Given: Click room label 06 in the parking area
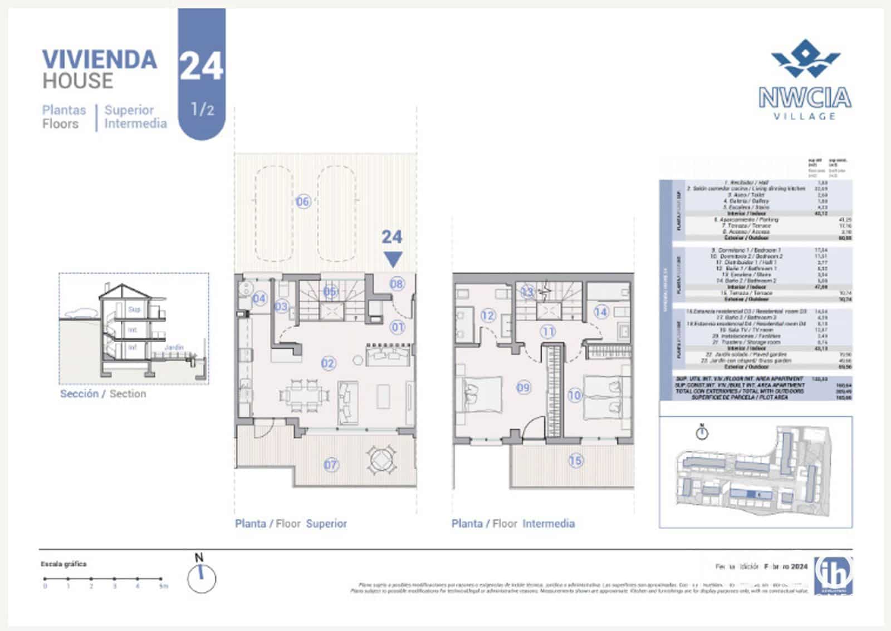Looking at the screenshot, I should (302, 201).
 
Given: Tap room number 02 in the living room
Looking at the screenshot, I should (328, 363).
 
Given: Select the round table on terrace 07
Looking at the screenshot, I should (381, 460).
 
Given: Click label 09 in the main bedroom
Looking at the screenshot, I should (523, 387).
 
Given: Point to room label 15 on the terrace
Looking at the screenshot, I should (575, 460).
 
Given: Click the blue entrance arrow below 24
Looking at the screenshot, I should (393, 259).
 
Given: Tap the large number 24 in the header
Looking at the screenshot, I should (201, 67).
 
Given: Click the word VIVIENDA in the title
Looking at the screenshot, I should (100, 60).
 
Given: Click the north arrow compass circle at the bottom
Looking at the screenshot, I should (201, 578).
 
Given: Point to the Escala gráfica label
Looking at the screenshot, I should (63, 564).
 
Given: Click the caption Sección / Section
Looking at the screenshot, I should (103, 393).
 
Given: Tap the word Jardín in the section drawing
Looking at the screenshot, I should (174, 347).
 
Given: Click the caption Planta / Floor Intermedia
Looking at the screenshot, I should (513, 523).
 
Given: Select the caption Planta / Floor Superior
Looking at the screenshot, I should (291, 523).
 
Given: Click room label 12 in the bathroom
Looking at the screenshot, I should (488, 315).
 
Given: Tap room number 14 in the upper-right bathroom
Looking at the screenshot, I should (600, 312).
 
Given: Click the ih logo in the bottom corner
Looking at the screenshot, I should (834, 573).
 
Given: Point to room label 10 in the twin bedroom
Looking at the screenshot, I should (574, 395).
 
